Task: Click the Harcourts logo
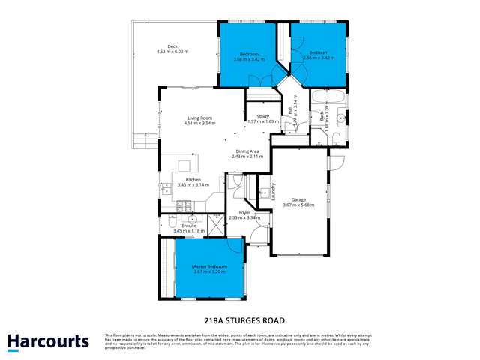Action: [x=48, y=341]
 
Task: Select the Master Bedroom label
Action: [x=209, y=268]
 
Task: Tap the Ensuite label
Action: [x=189, y=227]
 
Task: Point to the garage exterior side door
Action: [x=336, y=160]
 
